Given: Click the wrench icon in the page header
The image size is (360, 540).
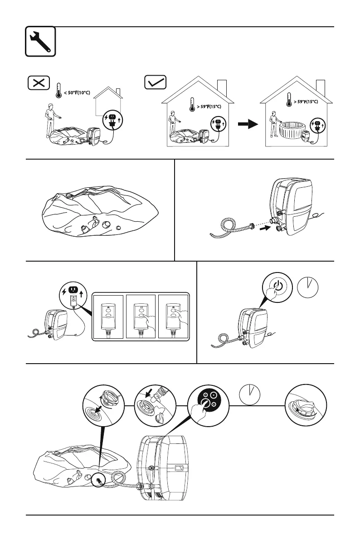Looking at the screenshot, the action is click(40, 41).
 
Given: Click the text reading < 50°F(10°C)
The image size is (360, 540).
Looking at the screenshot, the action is click(77, 92).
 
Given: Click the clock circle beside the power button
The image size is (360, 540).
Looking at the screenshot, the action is click(308, 287).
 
